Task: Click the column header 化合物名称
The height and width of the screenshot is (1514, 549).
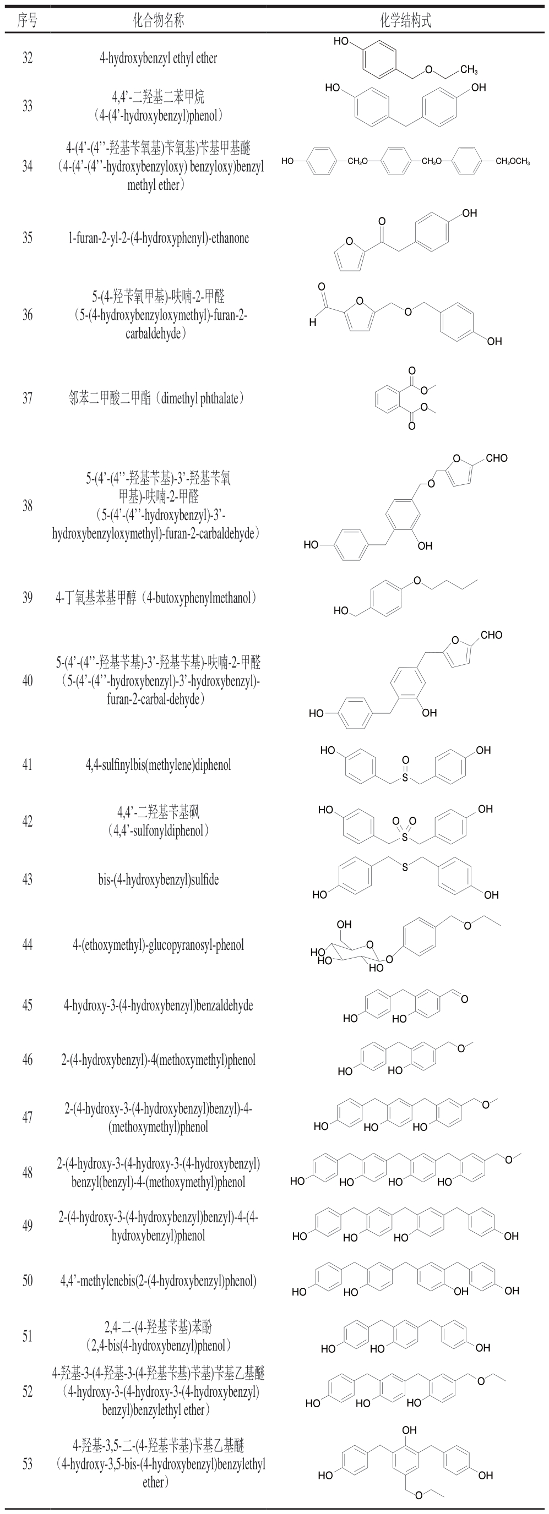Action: click(158, 21)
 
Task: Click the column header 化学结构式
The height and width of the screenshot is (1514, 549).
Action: click(405, 21)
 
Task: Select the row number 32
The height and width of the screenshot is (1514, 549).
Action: click(28, 58)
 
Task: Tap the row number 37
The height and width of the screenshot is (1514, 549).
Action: click(28, 398)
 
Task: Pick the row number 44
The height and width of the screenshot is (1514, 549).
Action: click(28, 944)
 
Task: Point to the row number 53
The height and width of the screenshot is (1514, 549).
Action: click(28, 1463)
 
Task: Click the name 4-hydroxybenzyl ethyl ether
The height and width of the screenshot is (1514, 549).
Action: click(158, 58)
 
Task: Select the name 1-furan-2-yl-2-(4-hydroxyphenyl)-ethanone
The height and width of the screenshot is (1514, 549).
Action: click(158, 238)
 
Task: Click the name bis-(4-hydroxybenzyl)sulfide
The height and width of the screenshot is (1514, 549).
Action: click(158, 879)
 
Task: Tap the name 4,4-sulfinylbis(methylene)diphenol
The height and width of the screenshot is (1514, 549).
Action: click(158, 764)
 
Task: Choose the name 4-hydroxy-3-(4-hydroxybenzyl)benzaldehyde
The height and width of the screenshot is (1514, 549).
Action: click(158, 1005)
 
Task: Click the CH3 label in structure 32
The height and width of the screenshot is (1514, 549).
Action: click(469, 70)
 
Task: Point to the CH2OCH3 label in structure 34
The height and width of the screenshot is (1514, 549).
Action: click(512, 162)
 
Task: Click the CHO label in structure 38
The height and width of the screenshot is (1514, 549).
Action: click(497, 458)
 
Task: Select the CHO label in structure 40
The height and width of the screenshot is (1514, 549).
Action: click(491, 635)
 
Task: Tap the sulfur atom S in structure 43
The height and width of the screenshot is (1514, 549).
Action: click(405, 867)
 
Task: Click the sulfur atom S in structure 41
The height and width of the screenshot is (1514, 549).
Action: click(405, 778)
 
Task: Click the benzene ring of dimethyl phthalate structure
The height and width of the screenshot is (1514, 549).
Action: click(390, 398)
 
